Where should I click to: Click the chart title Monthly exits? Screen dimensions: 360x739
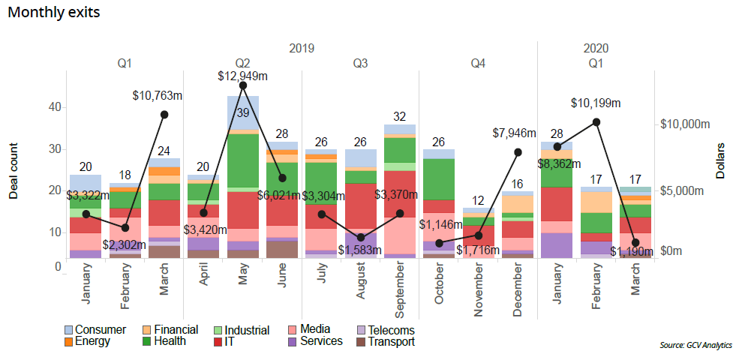coord(53,13)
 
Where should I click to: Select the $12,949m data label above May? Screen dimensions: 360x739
coord(243,76)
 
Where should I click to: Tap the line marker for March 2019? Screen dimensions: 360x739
coord(164,114)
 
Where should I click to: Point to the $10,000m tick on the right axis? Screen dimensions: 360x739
coord(684,124)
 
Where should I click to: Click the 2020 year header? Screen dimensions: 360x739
coord(596,48)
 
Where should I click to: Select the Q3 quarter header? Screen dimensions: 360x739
coord(360,64)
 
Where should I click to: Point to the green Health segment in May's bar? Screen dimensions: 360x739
coord(242,160)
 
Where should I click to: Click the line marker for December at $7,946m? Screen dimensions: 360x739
coord(517,151)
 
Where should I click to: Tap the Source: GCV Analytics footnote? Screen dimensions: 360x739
coord(695,345)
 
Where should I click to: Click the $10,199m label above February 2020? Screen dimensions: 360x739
coord(596,103)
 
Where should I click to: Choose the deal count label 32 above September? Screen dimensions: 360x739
coord(399,117)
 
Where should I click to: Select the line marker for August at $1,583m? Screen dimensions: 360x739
coord(360,238)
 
